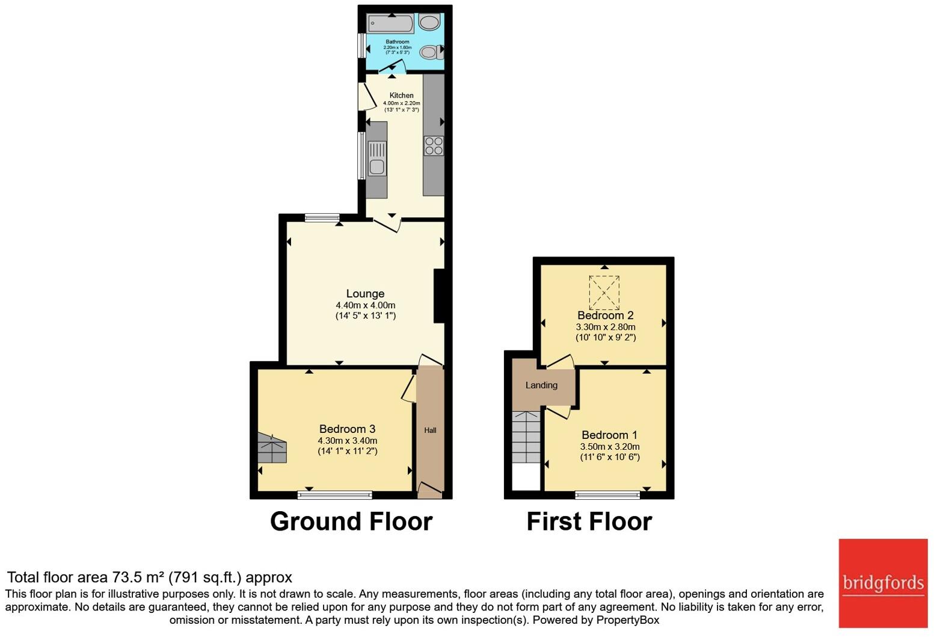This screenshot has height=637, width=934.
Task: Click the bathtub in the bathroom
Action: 390,23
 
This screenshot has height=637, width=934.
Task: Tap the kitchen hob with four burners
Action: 434,146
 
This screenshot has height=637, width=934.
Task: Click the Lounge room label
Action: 365,294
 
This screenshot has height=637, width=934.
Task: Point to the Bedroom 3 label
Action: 347,429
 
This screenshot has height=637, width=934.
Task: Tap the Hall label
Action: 430,430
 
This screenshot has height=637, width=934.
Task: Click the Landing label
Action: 541,385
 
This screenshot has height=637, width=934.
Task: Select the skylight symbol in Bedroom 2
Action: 604,291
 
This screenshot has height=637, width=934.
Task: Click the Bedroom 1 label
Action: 609,435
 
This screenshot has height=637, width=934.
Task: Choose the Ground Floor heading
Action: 351,521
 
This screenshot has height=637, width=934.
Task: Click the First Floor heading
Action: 589,521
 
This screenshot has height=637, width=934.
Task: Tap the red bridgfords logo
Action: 883,583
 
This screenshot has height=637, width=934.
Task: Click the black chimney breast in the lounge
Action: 439,296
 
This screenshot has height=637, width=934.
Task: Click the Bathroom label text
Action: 398,42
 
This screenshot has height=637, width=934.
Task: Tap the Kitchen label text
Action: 401,95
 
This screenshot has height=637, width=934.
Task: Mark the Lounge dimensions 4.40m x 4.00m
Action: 365,305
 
